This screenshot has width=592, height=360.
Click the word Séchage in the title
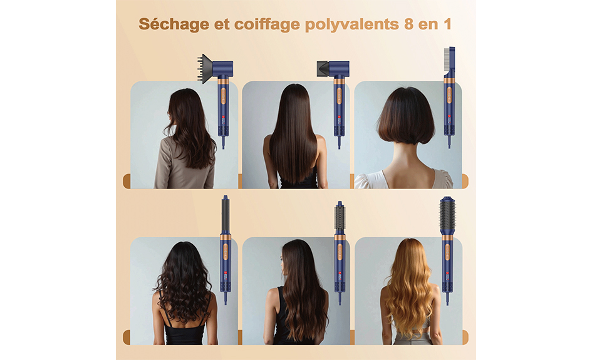(174, 24)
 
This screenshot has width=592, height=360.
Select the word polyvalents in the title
(352, 24)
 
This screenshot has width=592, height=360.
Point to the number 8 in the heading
(408, 24)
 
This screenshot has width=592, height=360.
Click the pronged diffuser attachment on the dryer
(205, 69)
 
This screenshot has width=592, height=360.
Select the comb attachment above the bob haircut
(450, 61)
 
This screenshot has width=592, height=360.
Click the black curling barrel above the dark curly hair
(225, 215)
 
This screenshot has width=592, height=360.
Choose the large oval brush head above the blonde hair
(447, 215)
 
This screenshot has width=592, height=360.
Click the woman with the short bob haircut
(405, 138)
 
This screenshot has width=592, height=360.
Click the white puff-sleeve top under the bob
(403, 179)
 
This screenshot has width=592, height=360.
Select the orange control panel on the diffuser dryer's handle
(223, 95)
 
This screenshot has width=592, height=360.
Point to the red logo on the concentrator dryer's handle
(339, 117)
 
